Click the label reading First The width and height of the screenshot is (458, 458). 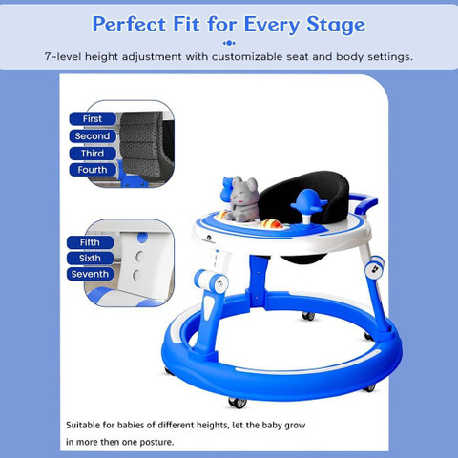pyautogui.click(x=93, y=119)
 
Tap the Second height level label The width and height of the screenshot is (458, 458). pyautogui.click(x=93, y=136)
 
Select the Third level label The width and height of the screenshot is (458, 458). pyautogui.click(x=93, y=154)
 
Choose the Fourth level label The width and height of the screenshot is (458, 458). pyautogui.click(x=93, y=170)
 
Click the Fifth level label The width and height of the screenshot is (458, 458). pyautogui.click(x=90, y=242)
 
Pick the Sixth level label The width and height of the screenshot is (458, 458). pyautogui.click(x=90, y=258)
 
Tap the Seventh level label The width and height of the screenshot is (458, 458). pyautogui.click(x=90, y=274)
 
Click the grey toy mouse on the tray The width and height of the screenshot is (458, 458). pyautogui.click(x=243, y=199)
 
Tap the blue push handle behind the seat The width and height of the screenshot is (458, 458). pyautogui.click(x=365, y=202)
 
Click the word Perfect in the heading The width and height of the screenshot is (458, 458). pyautogui.click(x=129, y=24)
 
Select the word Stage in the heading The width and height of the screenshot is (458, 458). pyautogui.click(x=336, y=25)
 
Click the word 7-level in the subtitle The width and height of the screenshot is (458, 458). pyautogui.click(x=63, y=57)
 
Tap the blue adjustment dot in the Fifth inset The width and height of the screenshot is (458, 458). pyautogui.click(x=142, y=238)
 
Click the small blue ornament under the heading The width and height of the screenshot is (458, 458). pyautogui.click(x=229, y=43)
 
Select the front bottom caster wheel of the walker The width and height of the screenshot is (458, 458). pyautogui.click(x=238, y=403)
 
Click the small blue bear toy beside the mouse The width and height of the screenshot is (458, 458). pyautogui.click(x=227, y=190)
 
